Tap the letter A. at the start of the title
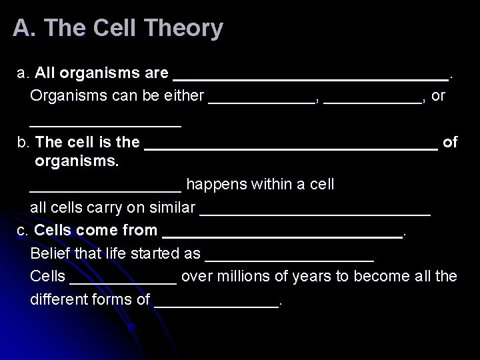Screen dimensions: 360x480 [21, 28]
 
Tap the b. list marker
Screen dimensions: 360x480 [23, 142]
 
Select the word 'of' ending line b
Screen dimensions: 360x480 [450, 142]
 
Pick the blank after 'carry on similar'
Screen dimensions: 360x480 [315, 211]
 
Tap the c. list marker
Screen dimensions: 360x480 [23, 231]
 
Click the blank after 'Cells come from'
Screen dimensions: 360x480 [282, 234]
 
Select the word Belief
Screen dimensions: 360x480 [49, 253]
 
